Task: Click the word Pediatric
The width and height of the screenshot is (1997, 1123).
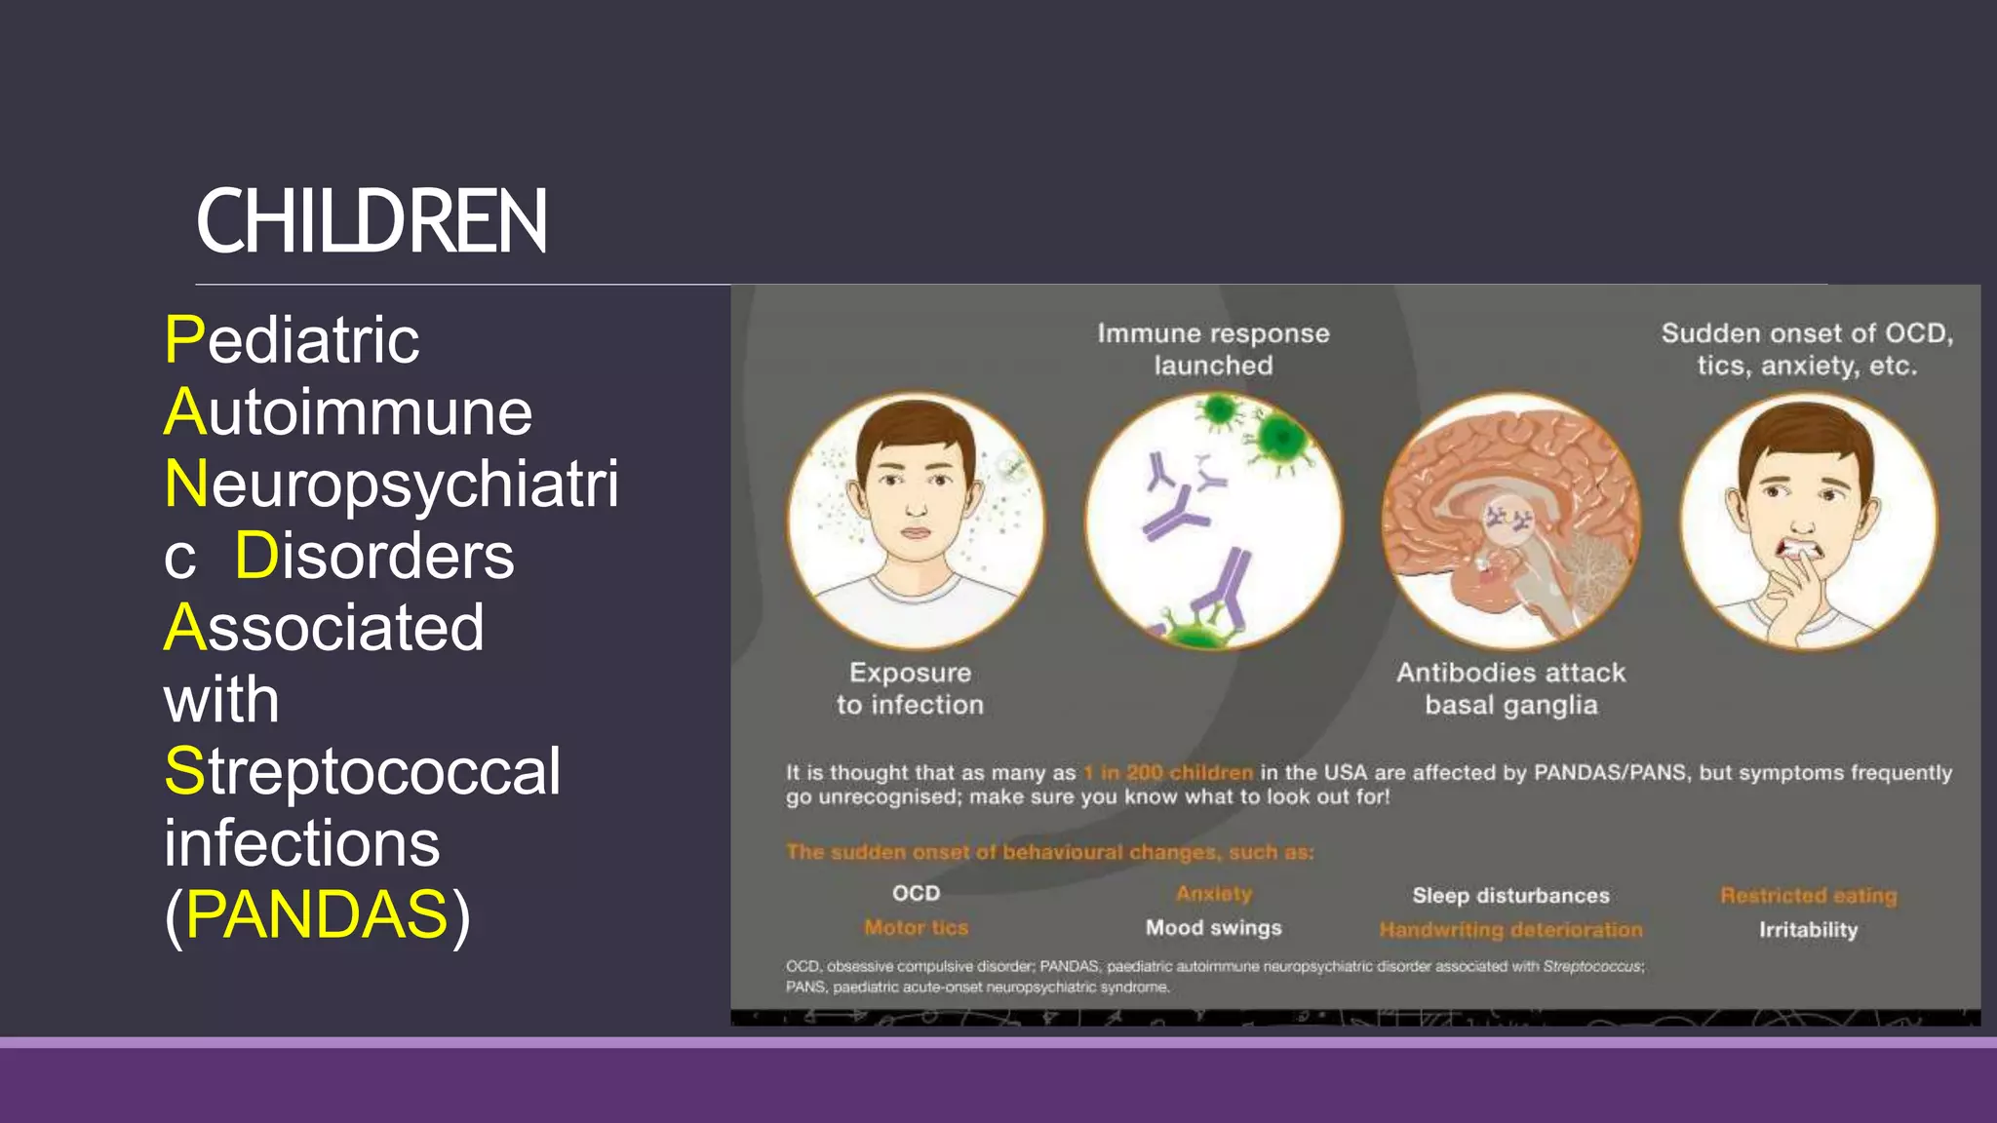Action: (293, 340)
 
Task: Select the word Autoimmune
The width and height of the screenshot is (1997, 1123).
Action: (348, 411)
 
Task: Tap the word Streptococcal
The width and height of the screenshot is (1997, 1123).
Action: (362, 771)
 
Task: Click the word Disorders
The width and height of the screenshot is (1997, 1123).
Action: (374, 556)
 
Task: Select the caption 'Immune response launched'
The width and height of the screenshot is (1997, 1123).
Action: (1213, 349)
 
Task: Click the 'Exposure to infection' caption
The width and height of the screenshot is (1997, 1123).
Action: (910, 688)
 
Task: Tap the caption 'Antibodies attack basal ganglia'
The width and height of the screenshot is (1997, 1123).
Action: (1510, 688)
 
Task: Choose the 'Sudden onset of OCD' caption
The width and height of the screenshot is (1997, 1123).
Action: (1807, 349)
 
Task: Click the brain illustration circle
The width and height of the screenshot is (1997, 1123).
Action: (1510, 522)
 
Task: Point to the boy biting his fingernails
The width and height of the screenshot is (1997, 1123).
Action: (1809, 522)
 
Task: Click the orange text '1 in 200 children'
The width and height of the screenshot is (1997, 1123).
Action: (1168, 773)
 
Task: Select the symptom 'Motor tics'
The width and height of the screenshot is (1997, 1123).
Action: (916, 928)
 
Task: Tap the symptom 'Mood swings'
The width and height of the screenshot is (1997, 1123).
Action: (1213, 928)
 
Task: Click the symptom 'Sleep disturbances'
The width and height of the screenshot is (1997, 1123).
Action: (1510, 895)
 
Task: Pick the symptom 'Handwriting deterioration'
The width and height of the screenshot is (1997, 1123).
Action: (1510, 930)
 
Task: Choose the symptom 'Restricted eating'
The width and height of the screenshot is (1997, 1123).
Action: (1808, 895)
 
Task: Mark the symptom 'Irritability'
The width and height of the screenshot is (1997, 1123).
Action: (1808, 930)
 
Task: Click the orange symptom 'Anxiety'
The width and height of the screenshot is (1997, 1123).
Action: (1213, 894)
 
